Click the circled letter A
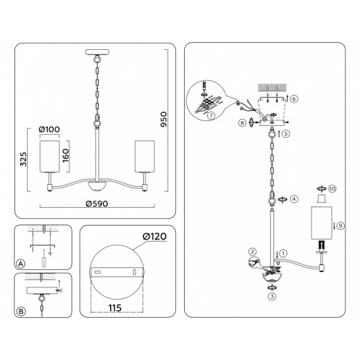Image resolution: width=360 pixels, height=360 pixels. tap(21, 264)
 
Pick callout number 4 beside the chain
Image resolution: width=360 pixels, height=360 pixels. tap(294, 199)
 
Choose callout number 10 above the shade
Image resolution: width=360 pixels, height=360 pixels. tap(332, 188)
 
